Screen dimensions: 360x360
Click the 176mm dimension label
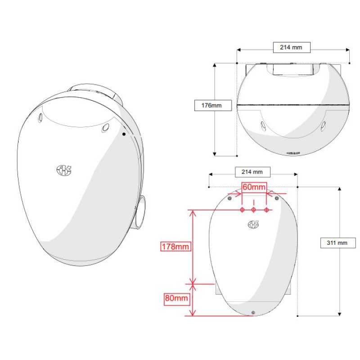(211, 105)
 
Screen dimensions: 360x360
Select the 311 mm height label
(337, 243)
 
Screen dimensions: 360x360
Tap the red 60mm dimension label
(254, 187)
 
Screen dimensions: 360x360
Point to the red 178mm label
(175, 247)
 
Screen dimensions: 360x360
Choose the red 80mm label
(176, 298)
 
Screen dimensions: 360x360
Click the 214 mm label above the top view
(291, 47)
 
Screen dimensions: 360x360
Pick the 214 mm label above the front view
(252, 172)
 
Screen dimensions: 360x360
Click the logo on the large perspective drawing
(64, 170)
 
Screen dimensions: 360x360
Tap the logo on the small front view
(253, 224)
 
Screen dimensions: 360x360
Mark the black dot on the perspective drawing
(124, 134)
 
